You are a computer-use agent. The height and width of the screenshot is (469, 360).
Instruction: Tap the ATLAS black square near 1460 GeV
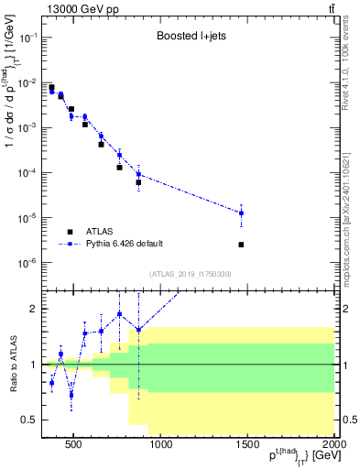tap(241, 245)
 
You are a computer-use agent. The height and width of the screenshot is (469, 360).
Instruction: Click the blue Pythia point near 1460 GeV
tap(241, 213)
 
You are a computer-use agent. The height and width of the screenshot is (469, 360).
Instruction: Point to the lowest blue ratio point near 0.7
tap(71, 395)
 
